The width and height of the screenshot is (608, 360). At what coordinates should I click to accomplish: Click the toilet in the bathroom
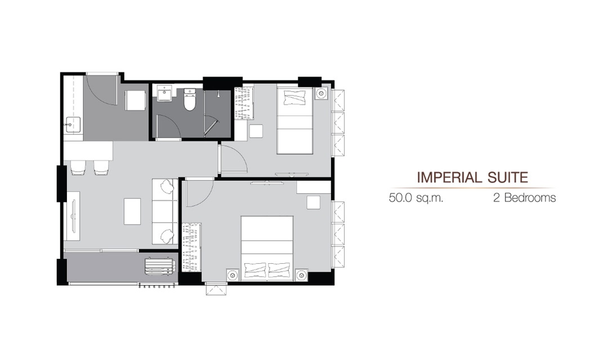click(190, 100)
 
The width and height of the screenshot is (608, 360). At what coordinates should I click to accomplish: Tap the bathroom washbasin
click(165, 93)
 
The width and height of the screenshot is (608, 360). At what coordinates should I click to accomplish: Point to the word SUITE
click(506, 178)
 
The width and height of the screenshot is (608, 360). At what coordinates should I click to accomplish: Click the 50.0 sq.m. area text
click(415, 198)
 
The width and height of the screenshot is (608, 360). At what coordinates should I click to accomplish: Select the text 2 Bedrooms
click(524, 197)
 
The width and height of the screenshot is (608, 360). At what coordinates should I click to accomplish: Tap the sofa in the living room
click(165, 211)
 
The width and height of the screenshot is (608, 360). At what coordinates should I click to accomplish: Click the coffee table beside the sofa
click(132, 211)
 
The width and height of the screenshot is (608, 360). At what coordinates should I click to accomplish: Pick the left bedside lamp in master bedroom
click(232, 274)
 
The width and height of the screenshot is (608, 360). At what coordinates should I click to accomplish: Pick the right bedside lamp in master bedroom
click(302, 274)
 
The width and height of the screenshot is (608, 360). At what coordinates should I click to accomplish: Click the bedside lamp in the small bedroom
click(321, 93)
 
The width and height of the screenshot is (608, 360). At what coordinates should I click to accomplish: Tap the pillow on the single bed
click(294, 98)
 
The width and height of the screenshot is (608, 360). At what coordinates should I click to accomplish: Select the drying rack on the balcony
click(160, 266)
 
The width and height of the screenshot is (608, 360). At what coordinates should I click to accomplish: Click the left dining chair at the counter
click(78, 168)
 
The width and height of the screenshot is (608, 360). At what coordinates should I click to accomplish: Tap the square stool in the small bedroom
click(256, 132)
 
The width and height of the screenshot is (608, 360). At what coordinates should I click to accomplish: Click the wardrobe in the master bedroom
click(192, 247)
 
